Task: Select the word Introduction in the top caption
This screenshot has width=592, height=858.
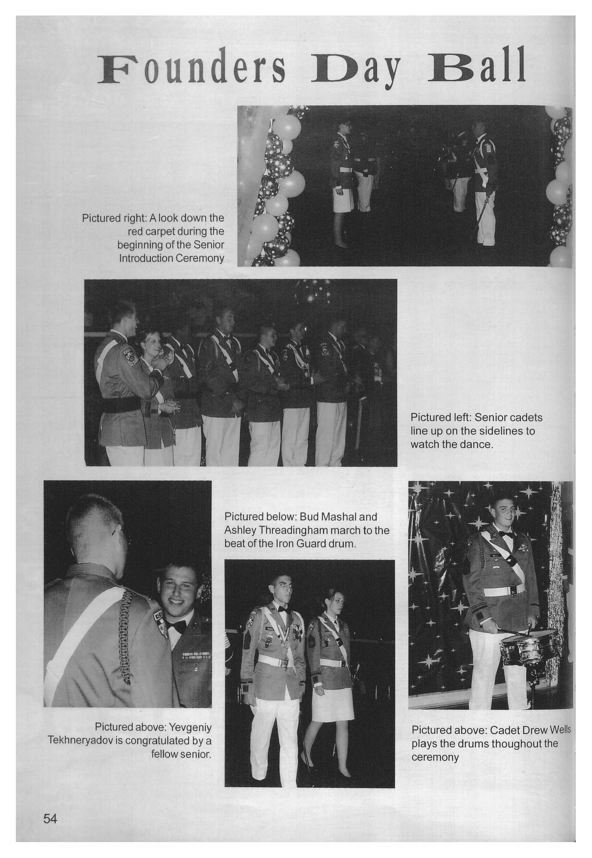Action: coord(146,258)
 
